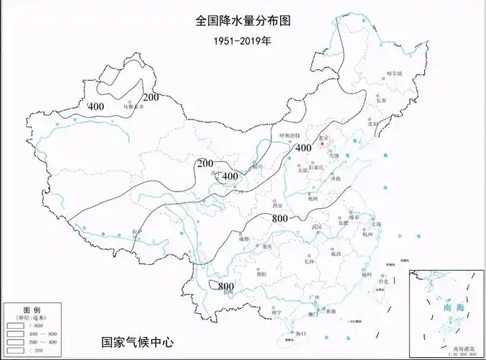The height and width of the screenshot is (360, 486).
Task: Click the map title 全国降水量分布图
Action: (243, 21)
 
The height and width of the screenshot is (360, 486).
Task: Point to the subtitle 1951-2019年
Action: (243, 41)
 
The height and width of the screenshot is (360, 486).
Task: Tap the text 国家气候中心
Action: (138, 342)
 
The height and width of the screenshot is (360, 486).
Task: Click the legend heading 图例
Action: (30, 308)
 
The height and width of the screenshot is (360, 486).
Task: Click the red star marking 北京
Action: (323, 142)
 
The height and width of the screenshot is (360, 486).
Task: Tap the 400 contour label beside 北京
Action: (303, 148)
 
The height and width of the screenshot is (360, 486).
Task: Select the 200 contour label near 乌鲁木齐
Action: (150, 98)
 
